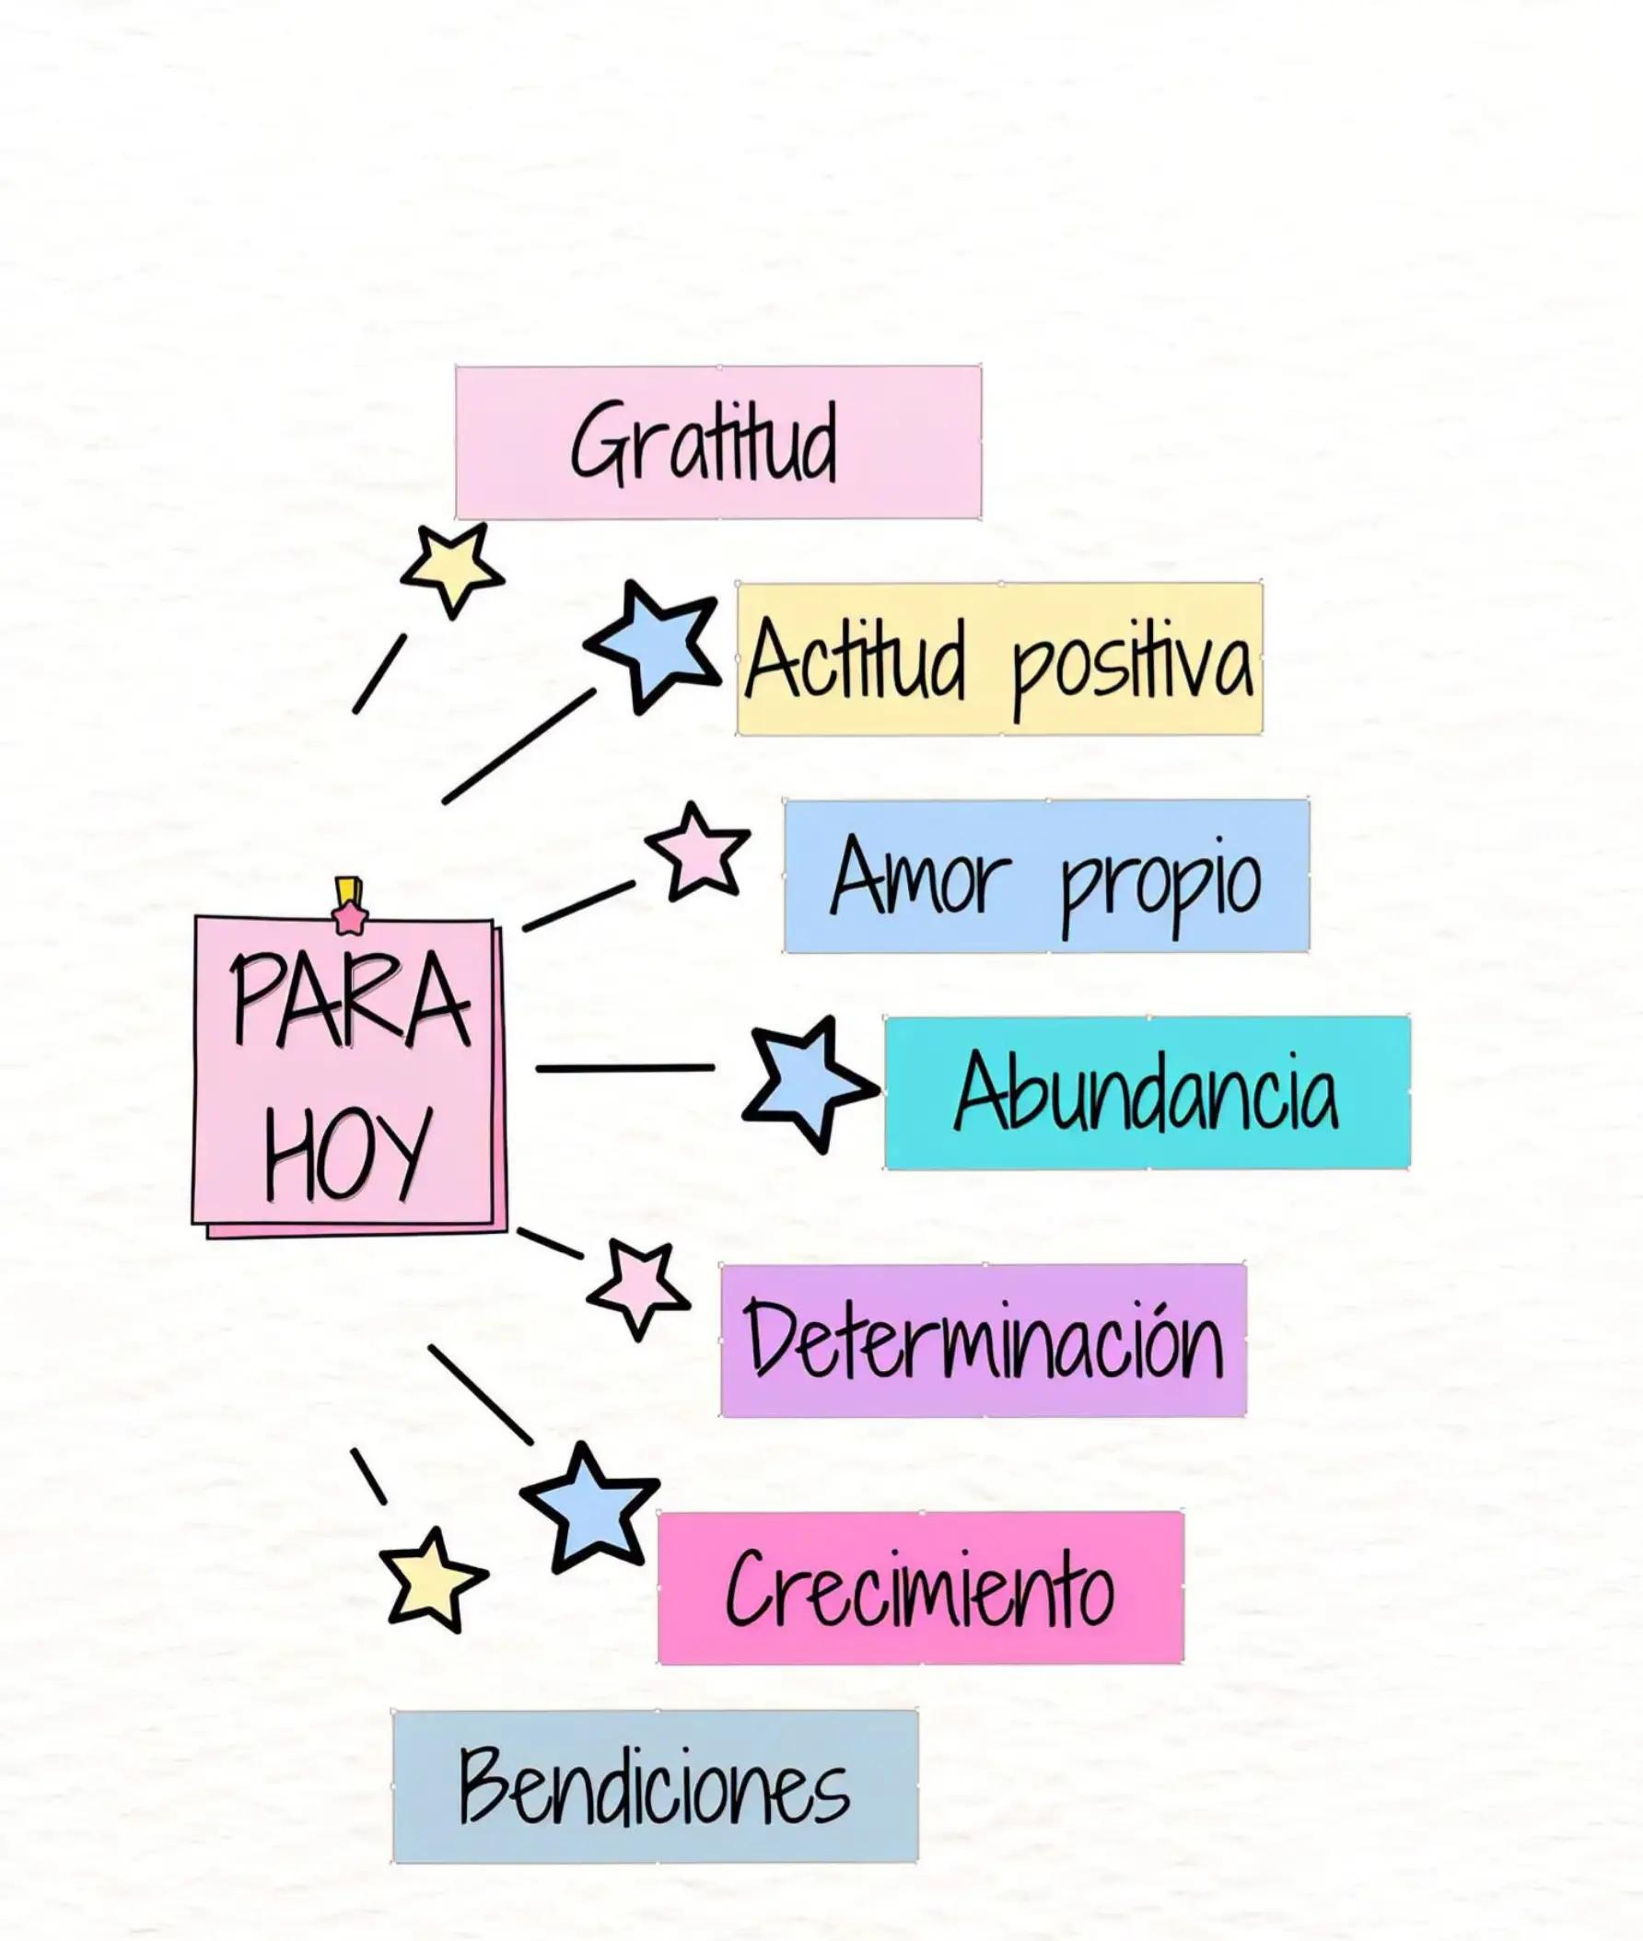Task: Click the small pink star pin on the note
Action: [350, 917]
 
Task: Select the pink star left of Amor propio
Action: [697, 851]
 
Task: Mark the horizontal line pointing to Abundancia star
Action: [625, 1068]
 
